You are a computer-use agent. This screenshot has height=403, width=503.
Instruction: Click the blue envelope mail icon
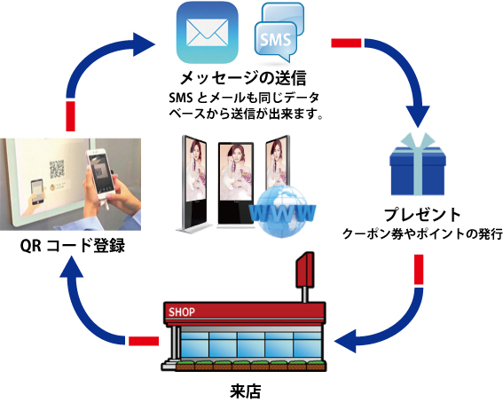(208, 33)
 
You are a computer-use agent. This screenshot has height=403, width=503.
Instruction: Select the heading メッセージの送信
(243, 78)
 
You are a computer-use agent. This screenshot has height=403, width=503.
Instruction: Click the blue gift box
(417, 164)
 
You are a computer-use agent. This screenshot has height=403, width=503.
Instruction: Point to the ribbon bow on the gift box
(418, 140)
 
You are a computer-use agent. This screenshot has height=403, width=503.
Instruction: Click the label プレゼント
(422, 215)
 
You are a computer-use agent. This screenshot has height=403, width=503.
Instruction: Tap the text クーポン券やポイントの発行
(422, 234)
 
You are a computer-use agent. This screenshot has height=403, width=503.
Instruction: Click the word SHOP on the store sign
(182, 312)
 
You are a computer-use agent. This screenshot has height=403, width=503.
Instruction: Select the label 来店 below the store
(246, 391)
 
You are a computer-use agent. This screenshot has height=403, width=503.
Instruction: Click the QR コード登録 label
(73, 246)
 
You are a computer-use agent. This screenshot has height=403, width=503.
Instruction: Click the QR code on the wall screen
(57, 169)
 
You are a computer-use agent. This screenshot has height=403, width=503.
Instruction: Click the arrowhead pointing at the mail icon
(144, 44)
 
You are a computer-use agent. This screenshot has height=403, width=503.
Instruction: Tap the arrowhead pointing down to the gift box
(417, 116)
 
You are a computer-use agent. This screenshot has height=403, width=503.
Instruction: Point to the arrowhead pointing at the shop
(345, 341)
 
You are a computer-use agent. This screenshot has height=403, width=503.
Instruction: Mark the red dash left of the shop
(144, 341)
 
